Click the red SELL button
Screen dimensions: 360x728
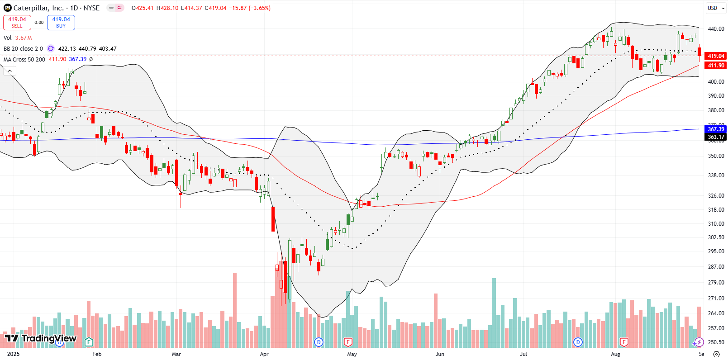coord(17,22)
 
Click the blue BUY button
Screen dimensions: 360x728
coord(61,22)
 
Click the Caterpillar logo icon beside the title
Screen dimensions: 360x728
coord(8,8)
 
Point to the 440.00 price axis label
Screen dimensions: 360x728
coord(716,29)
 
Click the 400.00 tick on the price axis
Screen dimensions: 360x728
coord(716,82)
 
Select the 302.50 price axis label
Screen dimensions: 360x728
coord(716,237)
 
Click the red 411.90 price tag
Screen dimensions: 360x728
coord(716,66)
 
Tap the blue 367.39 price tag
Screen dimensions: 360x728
coord(716,129)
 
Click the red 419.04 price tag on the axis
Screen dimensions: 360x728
coord(716,56)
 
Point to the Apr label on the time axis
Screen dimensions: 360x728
coord(264,354)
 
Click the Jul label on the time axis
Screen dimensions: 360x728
coord(523,354)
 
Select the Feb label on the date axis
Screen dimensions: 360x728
coord(97,354)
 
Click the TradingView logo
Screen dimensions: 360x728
coord(41,338)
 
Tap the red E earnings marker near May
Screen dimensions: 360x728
coord(348,342)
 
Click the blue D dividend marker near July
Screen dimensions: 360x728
coord(578,342)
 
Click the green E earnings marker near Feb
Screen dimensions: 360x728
coord(89,342)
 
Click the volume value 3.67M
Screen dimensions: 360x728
coord(24,38)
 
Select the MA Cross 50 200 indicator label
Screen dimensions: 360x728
coord(24,59)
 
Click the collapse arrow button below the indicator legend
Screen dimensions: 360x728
coord(10,71)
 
